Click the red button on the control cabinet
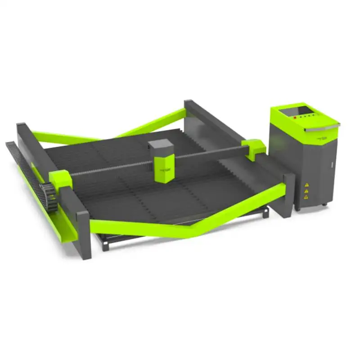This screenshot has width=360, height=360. point(295,117)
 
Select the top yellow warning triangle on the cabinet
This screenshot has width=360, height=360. point(306,184)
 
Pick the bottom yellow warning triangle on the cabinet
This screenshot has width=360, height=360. point(306,197)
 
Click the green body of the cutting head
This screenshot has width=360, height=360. point(163,168)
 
